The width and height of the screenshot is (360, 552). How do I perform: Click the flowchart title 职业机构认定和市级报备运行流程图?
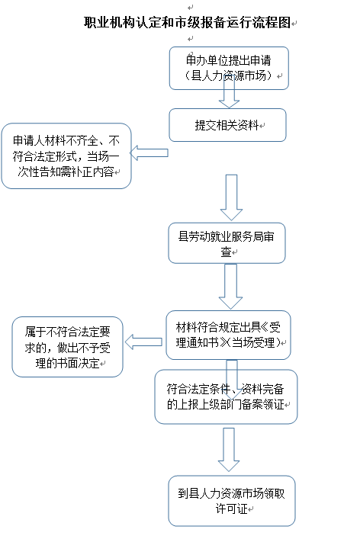[x=188, y=23]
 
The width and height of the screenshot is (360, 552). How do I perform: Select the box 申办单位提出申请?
[x=229, y=68]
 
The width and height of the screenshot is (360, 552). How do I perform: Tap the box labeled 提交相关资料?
[x=227, y=125]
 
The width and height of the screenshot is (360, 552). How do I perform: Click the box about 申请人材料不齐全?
[x=66, y=156]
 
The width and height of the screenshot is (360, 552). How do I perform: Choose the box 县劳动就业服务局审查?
[x=227, y=243]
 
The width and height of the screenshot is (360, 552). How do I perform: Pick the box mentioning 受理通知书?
[x=228, y=335]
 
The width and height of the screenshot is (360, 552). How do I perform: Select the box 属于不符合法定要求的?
[x=68, y=347]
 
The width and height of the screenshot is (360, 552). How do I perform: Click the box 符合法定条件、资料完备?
[x=227, y=396]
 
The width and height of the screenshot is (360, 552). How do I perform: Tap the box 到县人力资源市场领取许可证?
[x=232, y=501]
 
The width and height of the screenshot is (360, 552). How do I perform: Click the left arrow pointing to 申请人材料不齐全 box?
[x=149, y=152]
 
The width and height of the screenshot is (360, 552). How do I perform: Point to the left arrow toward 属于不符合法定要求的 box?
[x=143, y=342]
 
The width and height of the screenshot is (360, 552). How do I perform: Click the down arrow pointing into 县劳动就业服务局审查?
[x=231, y=197]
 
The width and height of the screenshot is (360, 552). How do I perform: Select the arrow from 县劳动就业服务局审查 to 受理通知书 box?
[x=231, y=287]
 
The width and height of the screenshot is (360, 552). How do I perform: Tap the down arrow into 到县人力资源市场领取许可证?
[x=229, y=450]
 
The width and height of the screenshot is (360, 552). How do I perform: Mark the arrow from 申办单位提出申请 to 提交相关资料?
[x=229, y=94]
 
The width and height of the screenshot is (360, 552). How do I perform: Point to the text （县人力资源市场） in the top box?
[x=229, y=75]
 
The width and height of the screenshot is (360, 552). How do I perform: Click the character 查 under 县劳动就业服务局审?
[x=226, y=252]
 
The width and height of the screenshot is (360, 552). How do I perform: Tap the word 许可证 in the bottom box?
[x=231, y=509]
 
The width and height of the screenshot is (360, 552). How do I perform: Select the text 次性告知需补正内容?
[x=66, y=172]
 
